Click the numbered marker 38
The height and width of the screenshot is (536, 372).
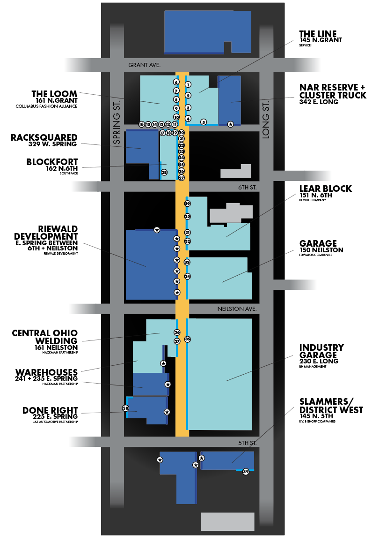(x=125, y=408)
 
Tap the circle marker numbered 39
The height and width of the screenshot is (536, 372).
(x=246, y=472)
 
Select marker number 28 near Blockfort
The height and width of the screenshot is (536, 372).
(x=164, y=173)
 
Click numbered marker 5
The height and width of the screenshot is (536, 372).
(x=204, y=122)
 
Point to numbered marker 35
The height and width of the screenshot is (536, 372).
(x=188, y=339)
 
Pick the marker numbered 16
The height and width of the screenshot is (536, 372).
(x=141, y=124)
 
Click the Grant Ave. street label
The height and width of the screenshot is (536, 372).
(x=144, y=66)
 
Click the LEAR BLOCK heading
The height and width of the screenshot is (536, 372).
(x=326, y=189)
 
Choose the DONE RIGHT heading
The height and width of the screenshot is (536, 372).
(x=50, y=410)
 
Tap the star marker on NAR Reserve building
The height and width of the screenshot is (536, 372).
(x=230, y=124)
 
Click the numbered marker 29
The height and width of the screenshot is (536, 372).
(x=188, y=204)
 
